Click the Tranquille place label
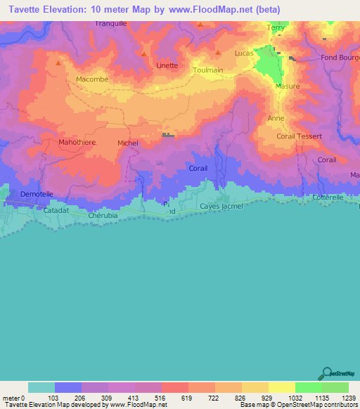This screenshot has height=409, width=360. pyautogui.click(x=112, y=23)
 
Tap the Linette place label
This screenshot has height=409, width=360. pyautogui.click(x=167, y=65)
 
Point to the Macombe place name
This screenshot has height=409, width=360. pyautogui.click(x=92, y=79)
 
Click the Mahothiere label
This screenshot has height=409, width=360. pyautogui.click(x=77, y=142)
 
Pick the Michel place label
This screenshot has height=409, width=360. pyautogui.click(x=128, y=143)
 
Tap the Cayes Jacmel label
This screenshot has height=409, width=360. pyautogui.click(x=221, y=206)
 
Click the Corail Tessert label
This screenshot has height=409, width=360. pyautogui.click(x=300, y=136)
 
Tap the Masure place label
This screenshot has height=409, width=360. pyautogui.click(x=288, y=86)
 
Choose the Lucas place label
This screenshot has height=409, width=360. pyautogui.click(x=243, y=53)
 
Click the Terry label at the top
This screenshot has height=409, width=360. pyautogui.click(x=276, y=27)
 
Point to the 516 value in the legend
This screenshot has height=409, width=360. pyautogui.click(x=160, y=398)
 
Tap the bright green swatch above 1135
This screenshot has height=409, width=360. pyautogui.click(x=308, y=387)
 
